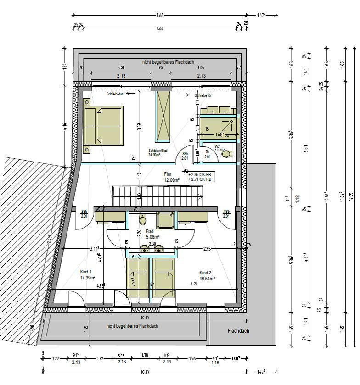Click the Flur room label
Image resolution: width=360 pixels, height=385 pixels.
tap(168, 174)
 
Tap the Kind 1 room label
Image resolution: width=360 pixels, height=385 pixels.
tap(86, 272)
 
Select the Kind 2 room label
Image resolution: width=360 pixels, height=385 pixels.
tap(205, 272)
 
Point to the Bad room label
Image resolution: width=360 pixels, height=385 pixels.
tap(150, 232)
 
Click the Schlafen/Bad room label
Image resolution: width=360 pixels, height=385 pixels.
tap(157, 151)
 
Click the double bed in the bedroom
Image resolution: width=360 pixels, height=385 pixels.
tap(104, 126)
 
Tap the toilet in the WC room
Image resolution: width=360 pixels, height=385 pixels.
tap(226, 154)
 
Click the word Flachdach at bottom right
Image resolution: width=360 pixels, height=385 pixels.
tap(238, 330)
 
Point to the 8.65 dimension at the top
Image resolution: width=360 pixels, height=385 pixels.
tap(160, 16)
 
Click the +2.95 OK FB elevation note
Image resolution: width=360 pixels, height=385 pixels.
tap(200, 174)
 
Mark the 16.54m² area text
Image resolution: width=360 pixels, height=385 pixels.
tap(208, 278)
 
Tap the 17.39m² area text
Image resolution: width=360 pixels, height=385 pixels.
tap(87, 278)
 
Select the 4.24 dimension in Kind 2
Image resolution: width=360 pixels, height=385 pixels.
tap(195, 284)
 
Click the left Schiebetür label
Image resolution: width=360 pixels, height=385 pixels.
tap(114, 95)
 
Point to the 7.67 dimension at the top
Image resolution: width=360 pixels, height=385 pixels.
tap(160, 28)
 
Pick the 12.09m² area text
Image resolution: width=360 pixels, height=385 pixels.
tap(171, 180)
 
